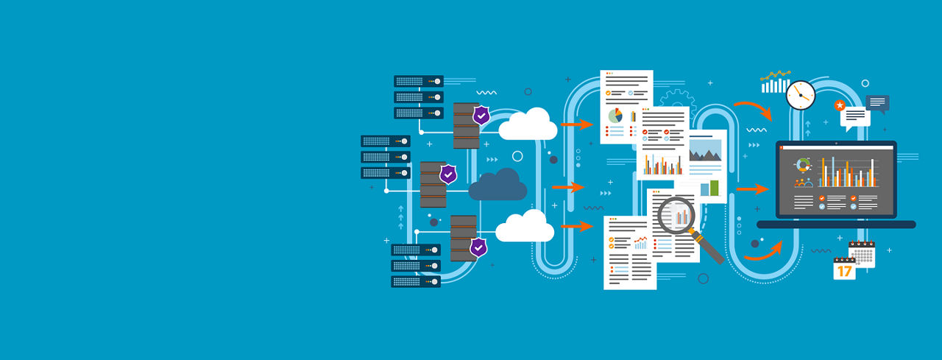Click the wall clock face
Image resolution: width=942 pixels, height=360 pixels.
point(800,95)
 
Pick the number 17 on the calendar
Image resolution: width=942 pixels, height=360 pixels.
point(844,271)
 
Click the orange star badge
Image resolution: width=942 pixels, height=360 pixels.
point(840,105)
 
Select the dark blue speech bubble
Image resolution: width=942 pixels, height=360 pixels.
point(877,102)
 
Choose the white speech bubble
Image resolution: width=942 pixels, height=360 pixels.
point(854,116)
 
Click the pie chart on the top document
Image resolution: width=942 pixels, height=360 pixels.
point(615,116)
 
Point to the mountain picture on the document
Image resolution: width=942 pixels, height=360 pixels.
point(706,152)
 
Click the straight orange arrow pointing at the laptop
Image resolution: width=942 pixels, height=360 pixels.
point(752,189)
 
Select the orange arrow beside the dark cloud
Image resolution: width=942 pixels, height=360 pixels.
point(567,187)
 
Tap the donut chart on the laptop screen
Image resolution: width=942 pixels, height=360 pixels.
point(803,166)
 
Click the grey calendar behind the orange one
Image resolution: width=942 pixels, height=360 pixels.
point(863,253)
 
